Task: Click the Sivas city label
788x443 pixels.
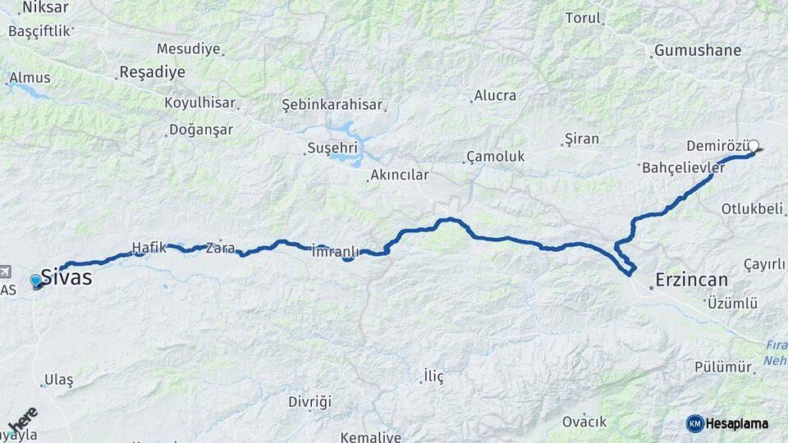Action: tap(66, 277)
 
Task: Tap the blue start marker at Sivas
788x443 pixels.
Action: tap(35, 281)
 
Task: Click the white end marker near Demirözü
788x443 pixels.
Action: tap(754, 146)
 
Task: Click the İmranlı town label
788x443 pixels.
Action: tap(336, 251)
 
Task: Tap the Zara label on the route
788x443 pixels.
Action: tap(221, 246)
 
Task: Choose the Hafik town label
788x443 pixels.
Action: tap(149, 246)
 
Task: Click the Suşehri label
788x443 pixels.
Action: tap(332, 148)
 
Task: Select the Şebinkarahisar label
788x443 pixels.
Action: tap(332, 105)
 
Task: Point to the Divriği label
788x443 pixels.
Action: tap(309, 402)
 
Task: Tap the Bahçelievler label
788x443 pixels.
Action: tap(683, 167)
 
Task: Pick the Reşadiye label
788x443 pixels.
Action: tap(152, 72)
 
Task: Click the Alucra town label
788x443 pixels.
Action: tap(496, 95)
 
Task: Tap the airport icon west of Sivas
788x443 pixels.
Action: tap(6, 271)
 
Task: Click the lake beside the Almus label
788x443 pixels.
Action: tap(30, 90)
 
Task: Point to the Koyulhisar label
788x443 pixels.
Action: tap(199, 103)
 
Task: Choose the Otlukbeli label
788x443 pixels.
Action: tap(752, 209)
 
